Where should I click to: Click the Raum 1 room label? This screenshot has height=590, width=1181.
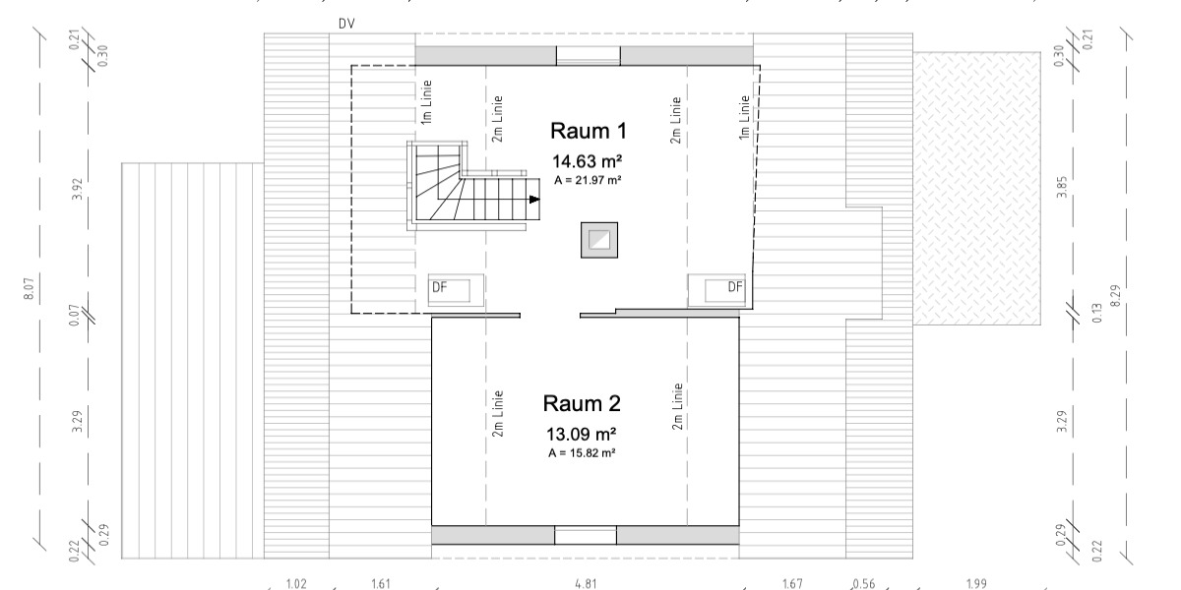click(x=588, y=132)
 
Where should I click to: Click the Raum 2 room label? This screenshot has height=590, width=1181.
click(x=582, y=403)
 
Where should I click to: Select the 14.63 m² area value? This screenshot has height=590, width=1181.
click(x=589, y=161)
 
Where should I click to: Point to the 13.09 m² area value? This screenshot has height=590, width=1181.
click(x=582, y=433)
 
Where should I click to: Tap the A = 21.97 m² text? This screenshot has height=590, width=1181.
click(x=589, y=180)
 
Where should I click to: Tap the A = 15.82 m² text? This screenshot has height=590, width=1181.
click(x=583, y=452)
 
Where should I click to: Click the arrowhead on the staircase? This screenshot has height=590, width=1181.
click(x=534, y=200)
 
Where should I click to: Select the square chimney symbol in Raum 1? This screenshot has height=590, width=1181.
click(x=598, y=241)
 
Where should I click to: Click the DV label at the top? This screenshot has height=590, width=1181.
click(x=345, y=22)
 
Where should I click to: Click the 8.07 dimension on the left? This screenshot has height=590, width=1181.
click(x=29, y=289)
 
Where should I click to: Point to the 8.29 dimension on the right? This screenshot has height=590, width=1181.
click(x=1115, y=293)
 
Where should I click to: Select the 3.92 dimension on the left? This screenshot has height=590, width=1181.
click(x=78, y=190)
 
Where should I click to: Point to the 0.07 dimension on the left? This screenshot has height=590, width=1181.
click(x=78, y=317)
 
